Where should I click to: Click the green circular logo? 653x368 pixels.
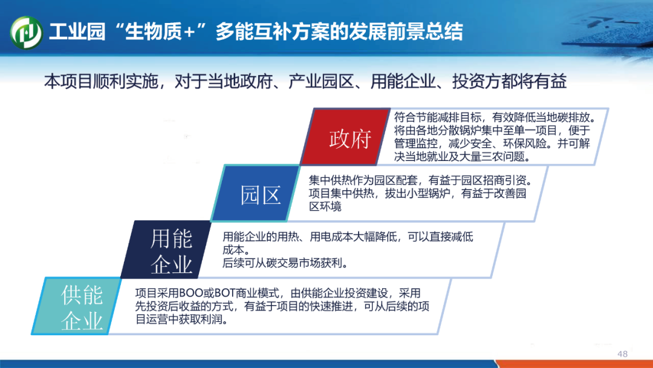(x=26, y=33)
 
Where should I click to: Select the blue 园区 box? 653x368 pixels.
(x=256, y=193)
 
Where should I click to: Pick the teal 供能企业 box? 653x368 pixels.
(x=77, y=306)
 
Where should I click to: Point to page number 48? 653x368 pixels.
(x=622, y=354)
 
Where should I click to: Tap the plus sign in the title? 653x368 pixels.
(x=189, y=32)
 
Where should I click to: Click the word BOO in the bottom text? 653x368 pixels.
(x=190, y=294)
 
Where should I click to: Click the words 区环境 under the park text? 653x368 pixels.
(x=325, y=206)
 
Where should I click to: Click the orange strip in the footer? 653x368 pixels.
(x=575, y=364)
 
